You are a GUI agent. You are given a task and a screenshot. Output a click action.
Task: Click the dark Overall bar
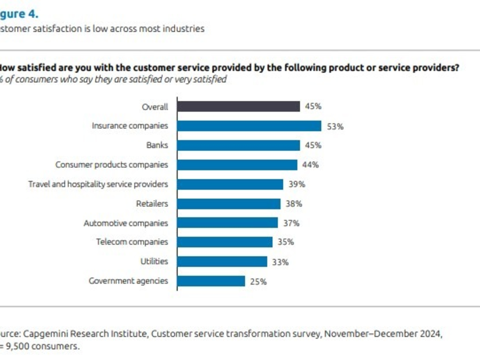point(238,106)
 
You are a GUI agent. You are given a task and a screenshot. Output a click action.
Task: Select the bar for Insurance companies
point(249,126)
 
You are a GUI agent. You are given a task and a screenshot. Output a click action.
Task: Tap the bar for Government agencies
point(211,281)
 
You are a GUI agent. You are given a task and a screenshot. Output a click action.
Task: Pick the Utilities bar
point(222,262)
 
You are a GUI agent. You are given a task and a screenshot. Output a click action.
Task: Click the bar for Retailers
point(229,204)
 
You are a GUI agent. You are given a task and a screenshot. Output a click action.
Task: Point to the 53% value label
point(335,126)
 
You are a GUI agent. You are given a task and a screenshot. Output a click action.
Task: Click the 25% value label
point(258,282)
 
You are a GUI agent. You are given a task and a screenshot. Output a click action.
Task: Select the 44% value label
point(310,165)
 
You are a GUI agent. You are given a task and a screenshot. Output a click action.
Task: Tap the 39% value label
point(297,184)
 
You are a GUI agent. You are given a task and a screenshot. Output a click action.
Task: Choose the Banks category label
point(157,145)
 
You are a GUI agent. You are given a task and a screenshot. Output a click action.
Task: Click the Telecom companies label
point(132,242)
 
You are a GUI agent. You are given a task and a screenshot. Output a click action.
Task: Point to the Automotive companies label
point(126,223)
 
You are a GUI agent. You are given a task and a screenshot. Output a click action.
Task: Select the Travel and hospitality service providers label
point(98,184)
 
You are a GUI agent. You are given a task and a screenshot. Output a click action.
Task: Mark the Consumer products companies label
point(112,165)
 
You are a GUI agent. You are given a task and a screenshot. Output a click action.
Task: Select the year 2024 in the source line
point(432,334)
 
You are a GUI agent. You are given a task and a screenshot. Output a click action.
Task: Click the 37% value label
point(291,223)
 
